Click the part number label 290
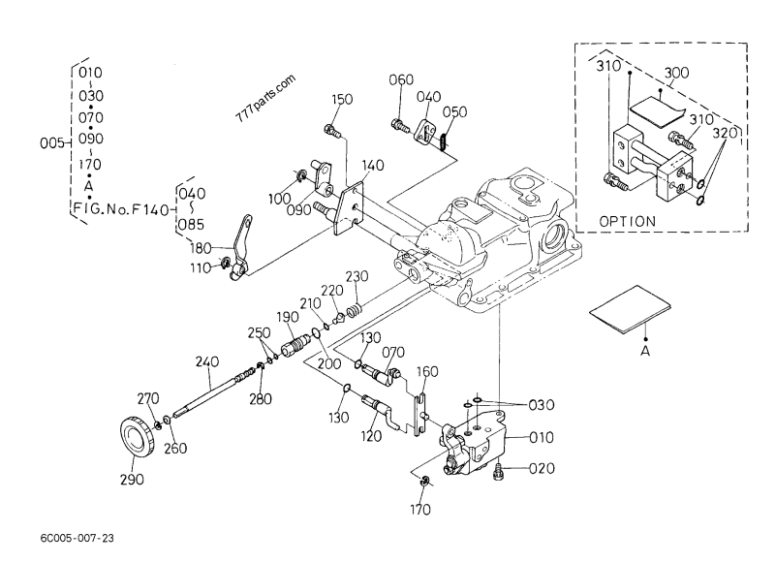pyautogui.click(x=132, y=480)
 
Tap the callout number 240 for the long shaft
pyautogui.click(x=208, y=362)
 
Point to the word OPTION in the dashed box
pyautogui.click(x=628, y=221)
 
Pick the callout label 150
pyautogui.click(x=344, y=100)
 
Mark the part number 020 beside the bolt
pyautogui.click(x=543, y=470)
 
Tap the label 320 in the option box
pyautogui.click(x=727, y=132)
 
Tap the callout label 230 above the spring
pyautogui.click(x=357, y=276)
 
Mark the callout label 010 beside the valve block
pyautogui.click(x=543, y=437)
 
